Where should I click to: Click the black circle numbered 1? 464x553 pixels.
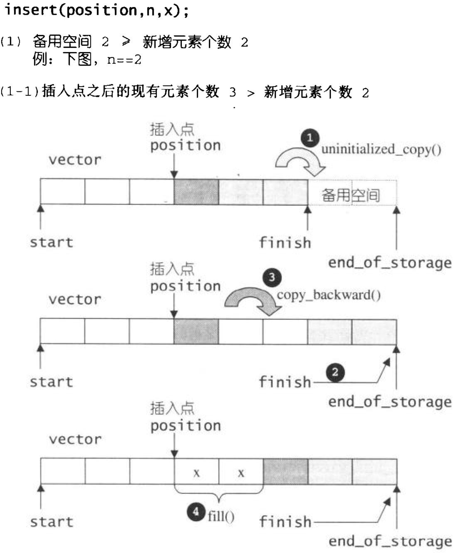310,138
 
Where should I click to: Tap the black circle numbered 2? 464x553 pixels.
335,372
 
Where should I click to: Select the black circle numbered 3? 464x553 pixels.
272,277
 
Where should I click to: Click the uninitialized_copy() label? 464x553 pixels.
381,150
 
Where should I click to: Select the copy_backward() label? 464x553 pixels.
329,295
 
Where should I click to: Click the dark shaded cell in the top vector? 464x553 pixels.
196,192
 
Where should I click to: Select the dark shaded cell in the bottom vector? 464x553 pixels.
285,472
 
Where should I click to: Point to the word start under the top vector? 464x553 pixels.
51,243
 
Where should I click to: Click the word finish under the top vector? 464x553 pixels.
285,243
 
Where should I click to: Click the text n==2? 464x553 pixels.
124,60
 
